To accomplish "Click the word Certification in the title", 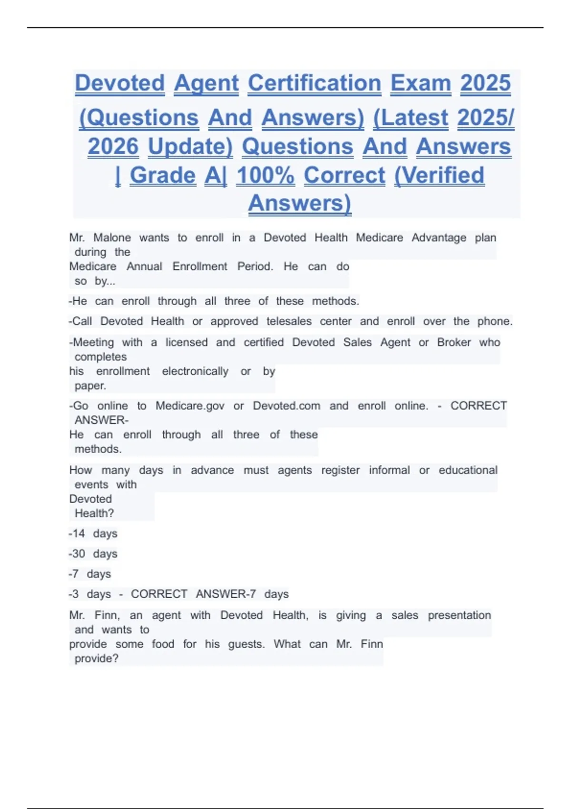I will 314,83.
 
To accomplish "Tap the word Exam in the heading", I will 421,83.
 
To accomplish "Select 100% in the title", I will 266,175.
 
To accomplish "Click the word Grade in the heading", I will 163,175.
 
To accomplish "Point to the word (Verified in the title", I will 439,175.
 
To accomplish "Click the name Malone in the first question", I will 112,237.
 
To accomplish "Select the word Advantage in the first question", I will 439,237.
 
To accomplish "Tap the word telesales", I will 289,321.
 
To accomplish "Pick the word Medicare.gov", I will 190,405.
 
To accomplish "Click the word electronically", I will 195,371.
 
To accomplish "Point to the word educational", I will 468,470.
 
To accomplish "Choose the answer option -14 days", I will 93,533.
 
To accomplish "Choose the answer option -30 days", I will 93,553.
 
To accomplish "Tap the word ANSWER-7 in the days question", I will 226,594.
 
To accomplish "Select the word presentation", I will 459,615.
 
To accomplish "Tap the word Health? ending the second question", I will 94,513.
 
